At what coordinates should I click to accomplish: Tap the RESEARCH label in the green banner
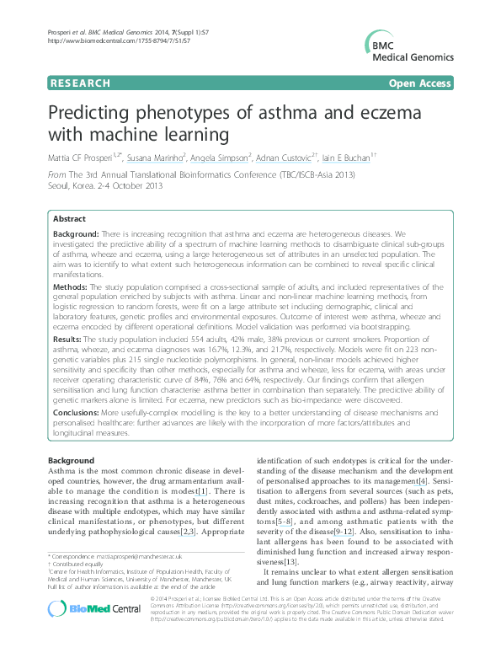click(80, 83)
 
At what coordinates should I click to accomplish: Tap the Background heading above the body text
click(72, 461)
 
